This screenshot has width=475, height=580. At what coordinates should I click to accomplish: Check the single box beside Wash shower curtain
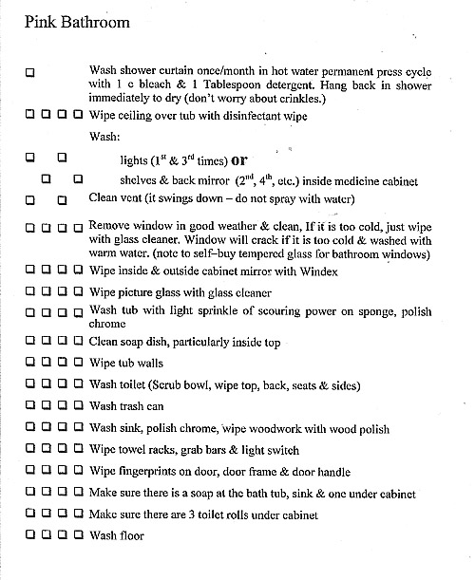[x=31, y=72]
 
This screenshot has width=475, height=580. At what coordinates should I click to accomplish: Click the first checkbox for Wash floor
[x=31, y=535]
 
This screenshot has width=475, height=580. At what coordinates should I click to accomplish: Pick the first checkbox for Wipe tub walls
[x=31, y=363]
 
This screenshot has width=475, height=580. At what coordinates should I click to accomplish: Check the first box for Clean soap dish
[x=31, y=342]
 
